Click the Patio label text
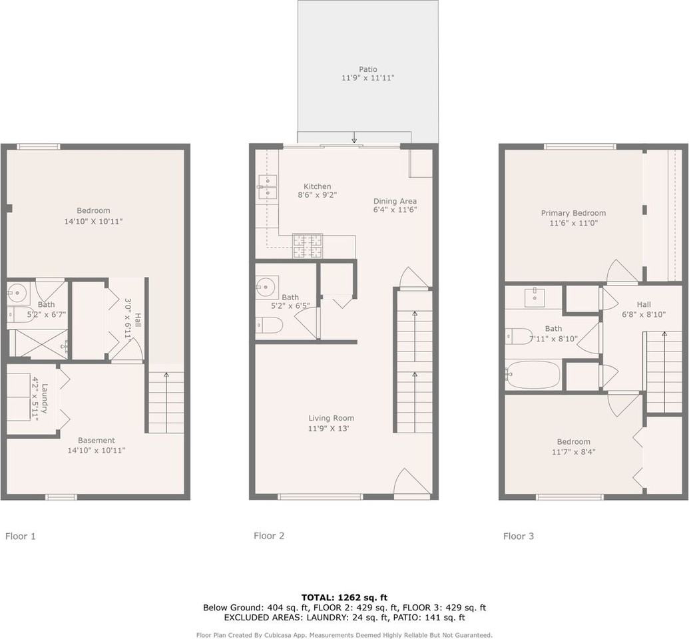(x=367, y=69)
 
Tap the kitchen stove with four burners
(x=307, y=246)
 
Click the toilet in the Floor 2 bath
(x=270, y=325)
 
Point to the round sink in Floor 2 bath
(x=267, y=287)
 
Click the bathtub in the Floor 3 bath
(x=533, y=375)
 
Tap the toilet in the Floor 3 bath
(x=519, y=335)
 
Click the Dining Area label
(x=395, y=201)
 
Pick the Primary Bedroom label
(x=573, y=213)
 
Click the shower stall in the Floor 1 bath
(x=39, y=344)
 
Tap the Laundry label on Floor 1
(x=45, y=397)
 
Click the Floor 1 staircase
(x=165, y=403)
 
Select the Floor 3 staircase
(x=664, y=371)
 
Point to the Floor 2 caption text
(x=269, y=535)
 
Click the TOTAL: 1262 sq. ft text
(x=344, y=597)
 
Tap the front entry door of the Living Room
(x=411, y=484)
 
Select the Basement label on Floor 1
(x=97, y=440)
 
